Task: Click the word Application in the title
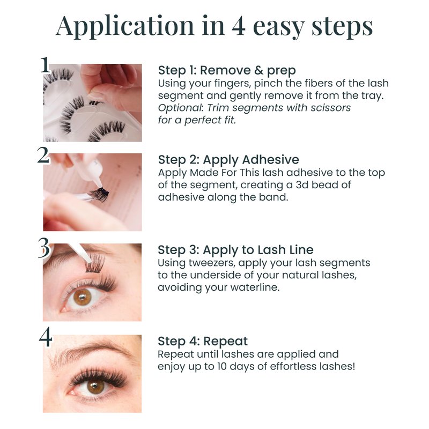coord(125,26)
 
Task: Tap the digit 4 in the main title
coord(238,26)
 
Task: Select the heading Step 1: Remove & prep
coord(227,70)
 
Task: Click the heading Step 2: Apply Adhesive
coord(228,160)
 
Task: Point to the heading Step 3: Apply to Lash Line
coord(235,250)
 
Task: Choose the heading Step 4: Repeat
coord(203,341)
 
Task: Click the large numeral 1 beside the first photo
coord(45,65)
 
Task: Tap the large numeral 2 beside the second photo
coord(43,156)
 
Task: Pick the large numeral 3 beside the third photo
coord(44,248)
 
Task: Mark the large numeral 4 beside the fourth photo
coord(46,337)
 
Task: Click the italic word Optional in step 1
coord(180,108)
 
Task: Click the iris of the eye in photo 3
coord(83,298)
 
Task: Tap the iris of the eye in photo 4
coord(95,386)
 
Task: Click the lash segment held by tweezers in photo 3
coord(94,263)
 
